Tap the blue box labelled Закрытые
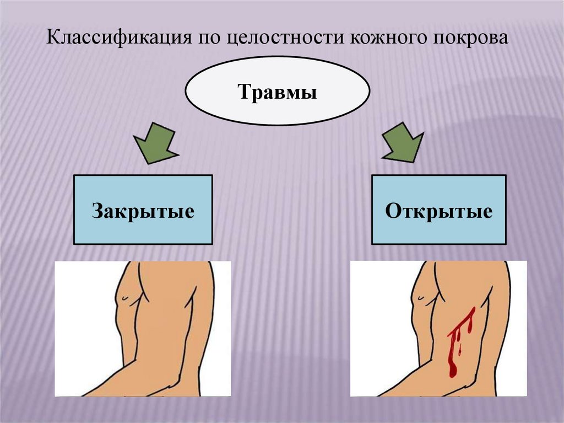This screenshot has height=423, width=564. coord(143,210)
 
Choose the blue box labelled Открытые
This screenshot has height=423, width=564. coord(439,210)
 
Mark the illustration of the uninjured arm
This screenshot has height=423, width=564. coord(143,329)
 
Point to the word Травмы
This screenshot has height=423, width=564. coord(277,92)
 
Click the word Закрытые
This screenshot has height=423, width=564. coord(143,211)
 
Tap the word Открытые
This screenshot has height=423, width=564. coord(439,211)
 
